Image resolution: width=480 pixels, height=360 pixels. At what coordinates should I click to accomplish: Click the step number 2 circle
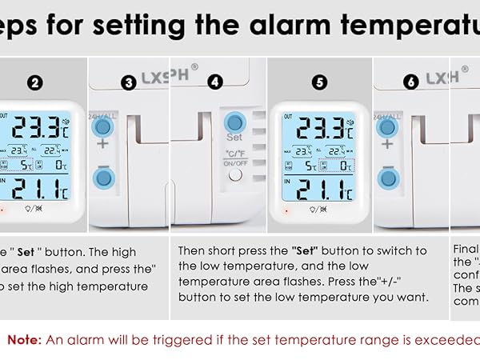coord(34,82)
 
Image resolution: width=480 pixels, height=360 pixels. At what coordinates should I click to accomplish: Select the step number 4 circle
coord(214,82)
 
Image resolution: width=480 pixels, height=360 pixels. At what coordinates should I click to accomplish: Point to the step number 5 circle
coord(321,82)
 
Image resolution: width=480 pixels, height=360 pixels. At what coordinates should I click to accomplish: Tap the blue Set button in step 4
coord(234,122)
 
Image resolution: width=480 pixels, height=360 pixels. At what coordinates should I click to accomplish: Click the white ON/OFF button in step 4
coord(234,174)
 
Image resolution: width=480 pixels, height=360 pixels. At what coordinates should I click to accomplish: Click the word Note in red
coord(24,340)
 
